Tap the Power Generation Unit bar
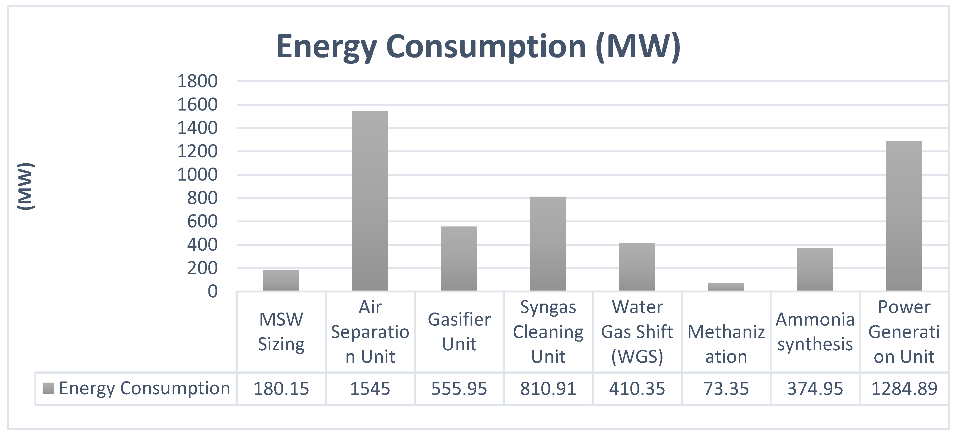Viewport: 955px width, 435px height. tap(904, 216)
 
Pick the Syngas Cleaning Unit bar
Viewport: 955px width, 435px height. tap(548, 244)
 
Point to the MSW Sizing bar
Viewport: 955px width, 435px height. tap(281, 280)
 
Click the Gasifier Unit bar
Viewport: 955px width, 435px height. tap(459, 259)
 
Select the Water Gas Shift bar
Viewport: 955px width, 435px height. tap(637, 267)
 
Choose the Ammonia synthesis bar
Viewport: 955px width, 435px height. tap(815, 269)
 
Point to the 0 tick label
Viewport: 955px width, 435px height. tap(212, 291)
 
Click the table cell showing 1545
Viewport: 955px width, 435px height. tap(370, 389)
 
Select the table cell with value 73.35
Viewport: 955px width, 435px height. tap(726, 389)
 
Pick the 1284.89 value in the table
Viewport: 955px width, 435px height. tap(904, 389)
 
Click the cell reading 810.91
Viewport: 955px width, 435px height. tap(548, 389)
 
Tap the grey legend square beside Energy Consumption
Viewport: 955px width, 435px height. tap(48, 388)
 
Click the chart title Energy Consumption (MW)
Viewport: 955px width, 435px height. tap(478, 47)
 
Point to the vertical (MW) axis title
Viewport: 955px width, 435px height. tap(26, 186)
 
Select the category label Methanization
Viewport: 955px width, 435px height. tap(726, 344)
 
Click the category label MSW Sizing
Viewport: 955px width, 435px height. tap(281, 332)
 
